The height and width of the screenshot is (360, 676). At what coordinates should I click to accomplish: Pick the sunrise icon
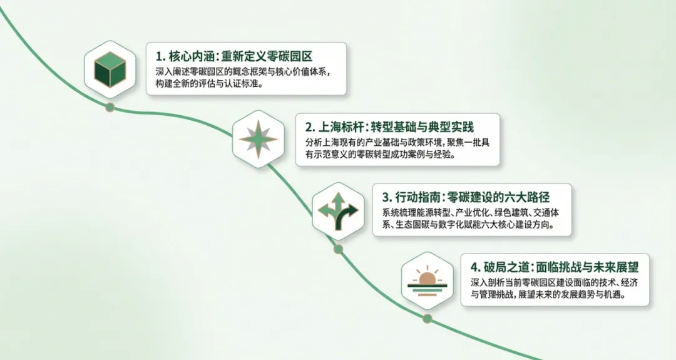point(428,280)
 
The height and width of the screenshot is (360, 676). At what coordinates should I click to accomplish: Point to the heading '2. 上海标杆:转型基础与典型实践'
point(389,125)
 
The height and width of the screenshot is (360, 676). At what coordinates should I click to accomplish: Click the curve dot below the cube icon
point(110,107)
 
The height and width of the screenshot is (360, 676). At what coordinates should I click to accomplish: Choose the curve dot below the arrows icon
point(339,249)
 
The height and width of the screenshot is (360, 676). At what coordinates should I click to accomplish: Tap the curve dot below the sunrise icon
point(428,319)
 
